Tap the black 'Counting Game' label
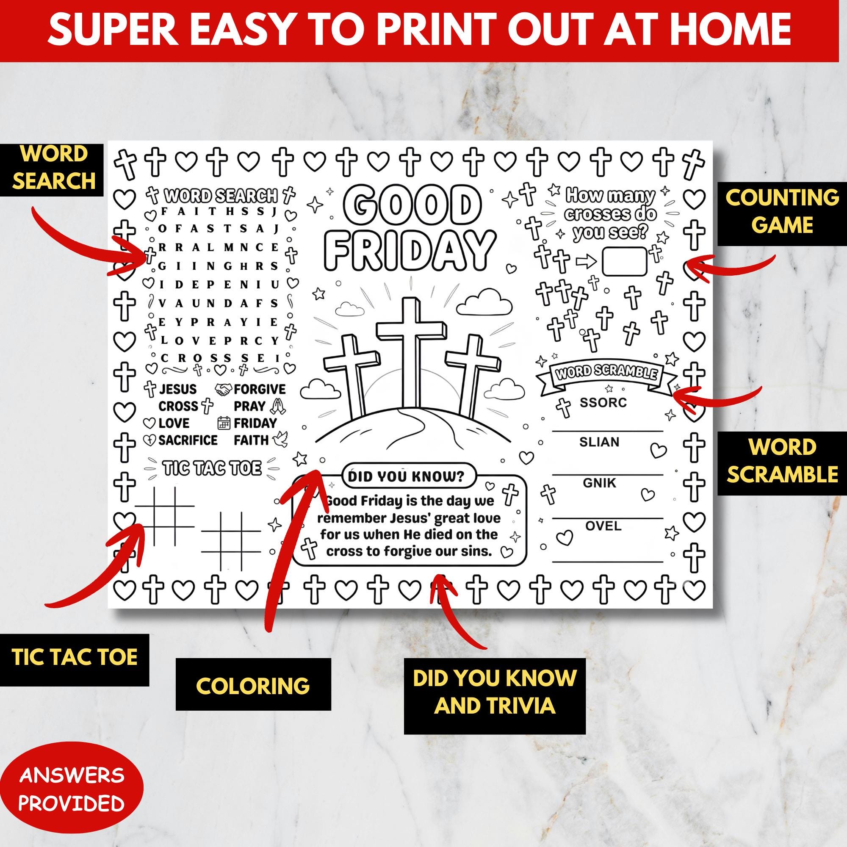pyautogui.click(x=782, y=211)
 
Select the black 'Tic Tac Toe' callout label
pyautogui.click(x=75, y=656)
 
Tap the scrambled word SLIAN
pyautogui.click(x=599, y=442)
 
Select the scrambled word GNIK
pyautogui.click(x=599, y=483)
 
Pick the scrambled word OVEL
pyautogui.click(x=603, y=526)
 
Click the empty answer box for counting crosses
pyautogui.click(x=624, y=261)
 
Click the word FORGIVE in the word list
pyautogui.click(x=260, y=389)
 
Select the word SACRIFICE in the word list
pyautogui.click(x=188, y=440)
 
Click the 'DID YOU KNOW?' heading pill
pyautogui.click(x=406, y=476)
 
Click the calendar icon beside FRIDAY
pyautogui.click(x=224, y=423)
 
